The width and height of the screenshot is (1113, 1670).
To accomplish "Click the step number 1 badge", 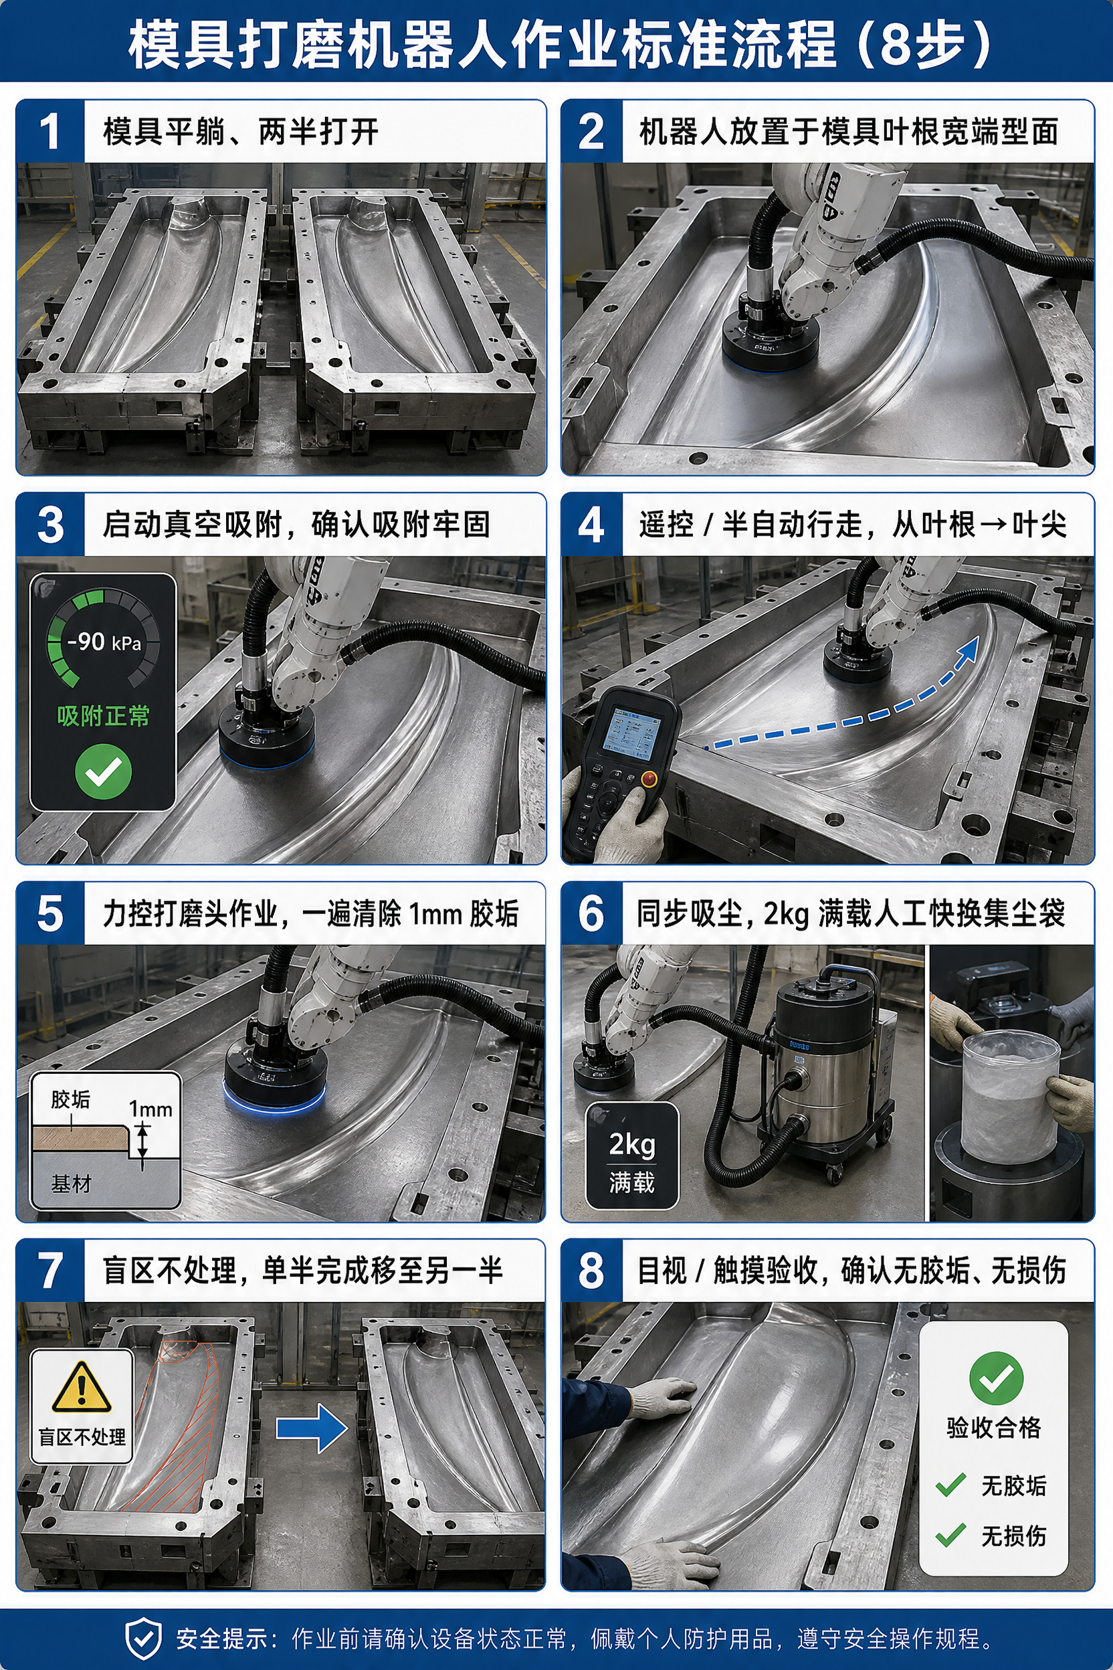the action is (50, 131).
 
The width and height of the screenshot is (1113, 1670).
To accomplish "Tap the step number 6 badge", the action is (592, 913).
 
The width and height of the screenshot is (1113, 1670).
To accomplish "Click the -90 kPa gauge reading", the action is (104, 642).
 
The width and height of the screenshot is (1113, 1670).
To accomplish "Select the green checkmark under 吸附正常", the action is (104, 772).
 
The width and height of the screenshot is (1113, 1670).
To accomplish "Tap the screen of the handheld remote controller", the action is (631, 731).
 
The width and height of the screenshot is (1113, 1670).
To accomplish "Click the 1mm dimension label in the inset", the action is (150, 1109).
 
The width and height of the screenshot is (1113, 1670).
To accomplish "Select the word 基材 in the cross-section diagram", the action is (71, 1184).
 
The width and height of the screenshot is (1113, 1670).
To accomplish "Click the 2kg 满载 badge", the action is (631, 1156).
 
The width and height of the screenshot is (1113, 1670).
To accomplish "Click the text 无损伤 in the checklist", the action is (1013, 1536).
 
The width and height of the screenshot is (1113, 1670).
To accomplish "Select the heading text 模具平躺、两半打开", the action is (241, 131).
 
